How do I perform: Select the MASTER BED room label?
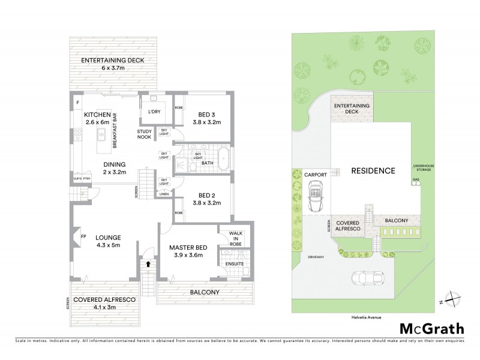tap(188, 247)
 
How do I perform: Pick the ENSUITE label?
tap(227, 262)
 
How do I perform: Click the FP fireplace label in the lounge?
tap(83, 236)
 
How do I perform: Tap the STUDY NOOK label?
tap(144, 134)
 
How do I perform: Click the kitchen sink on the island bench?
tap(101, 133)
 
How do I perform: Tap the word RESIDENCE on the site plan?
tap(374, 170)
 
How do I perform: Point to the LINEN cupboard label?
tap(164, 195)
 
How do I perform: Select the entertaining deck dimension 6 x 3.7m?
tap(114, 68)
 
